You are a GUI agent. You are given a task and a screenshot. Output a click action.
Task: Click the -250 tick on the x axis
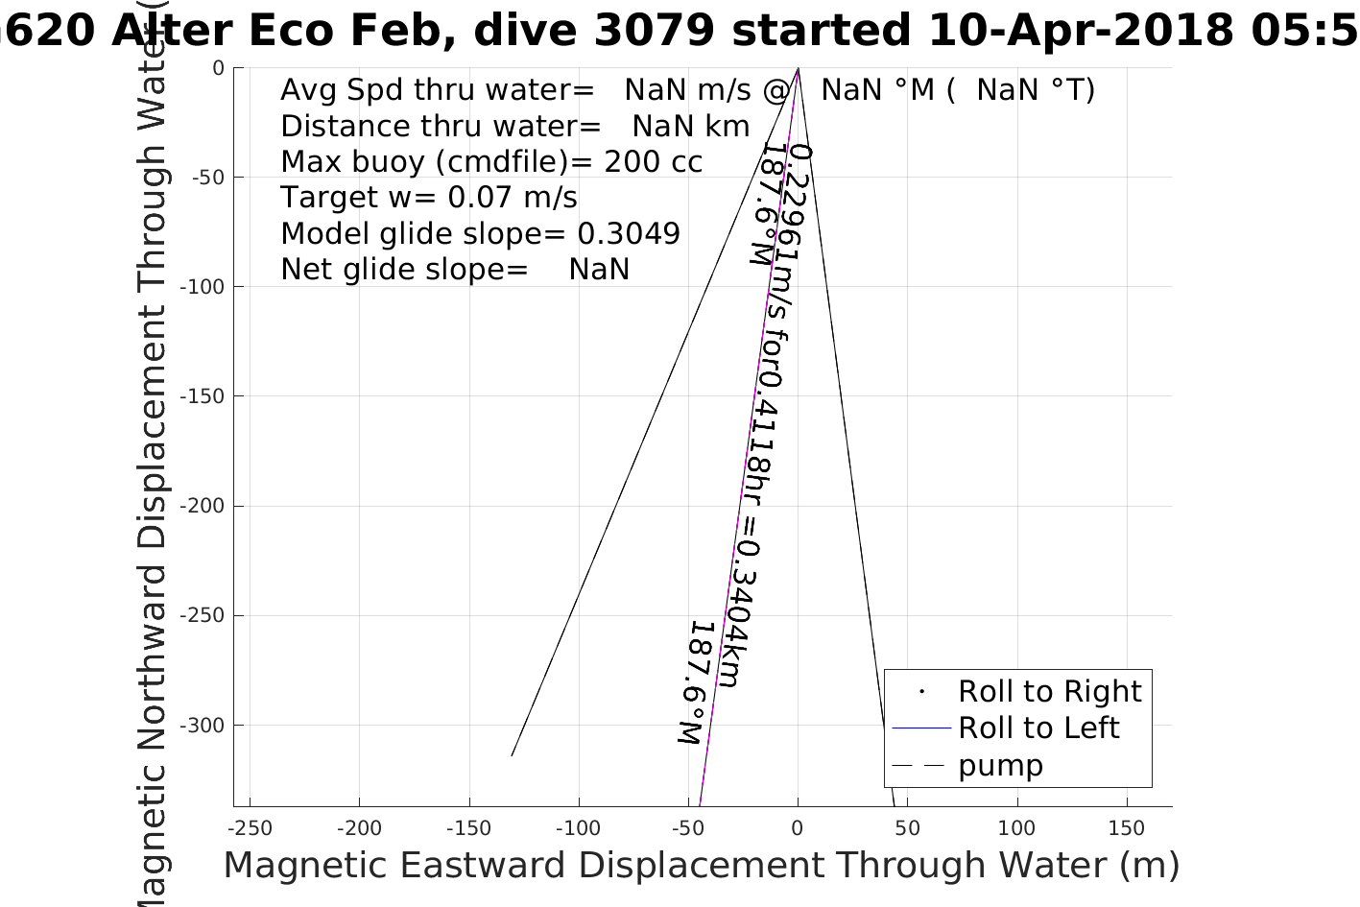(x=251, y=828)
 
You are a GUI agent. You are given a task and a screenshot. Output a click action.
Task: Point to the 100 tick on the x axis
(x=1017, y=828)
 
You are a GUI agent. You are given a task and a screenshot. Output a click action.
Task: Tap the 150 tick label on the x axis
(x=1127, y=828)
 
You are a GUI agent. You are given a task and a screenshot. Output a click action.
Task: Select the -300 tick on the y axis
(x=207, y=726)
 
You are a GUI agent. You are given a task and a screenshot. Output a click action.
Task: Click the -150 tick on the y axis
(x=207, y=396)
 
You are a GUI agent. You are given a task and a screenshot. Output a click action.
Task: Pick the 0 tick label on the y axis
(x=218, y=68)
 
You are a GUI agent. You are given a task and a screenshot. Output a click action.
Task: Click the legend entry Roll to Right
(x=1049, y=691)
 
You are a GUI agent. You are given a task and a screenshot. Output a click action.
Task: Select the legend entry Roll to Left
(x=1038, y=728)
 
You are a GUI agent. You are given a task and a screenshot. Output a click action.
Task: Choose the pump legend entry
(x=1000, y=766)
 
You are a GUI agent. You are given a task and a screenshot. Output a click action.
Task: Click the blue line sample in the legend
(x=920, y=728)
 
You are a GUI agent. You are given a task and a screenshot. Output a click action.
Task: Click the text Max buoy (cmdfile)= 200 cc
(x=490, y=161)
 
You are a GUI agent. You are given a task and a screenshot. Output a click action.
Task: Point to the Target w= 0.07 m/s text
(x=428, y=198)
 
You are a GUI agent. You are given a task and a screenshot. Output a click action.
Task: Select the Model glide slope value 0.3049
(x=629, y=233)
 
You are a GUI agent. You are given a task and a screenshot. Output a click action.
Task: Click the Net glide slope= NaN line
(x=455, y=270)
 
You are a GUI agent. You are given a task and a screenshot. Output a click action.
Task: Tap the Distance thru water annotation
(x=514, y=126)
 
